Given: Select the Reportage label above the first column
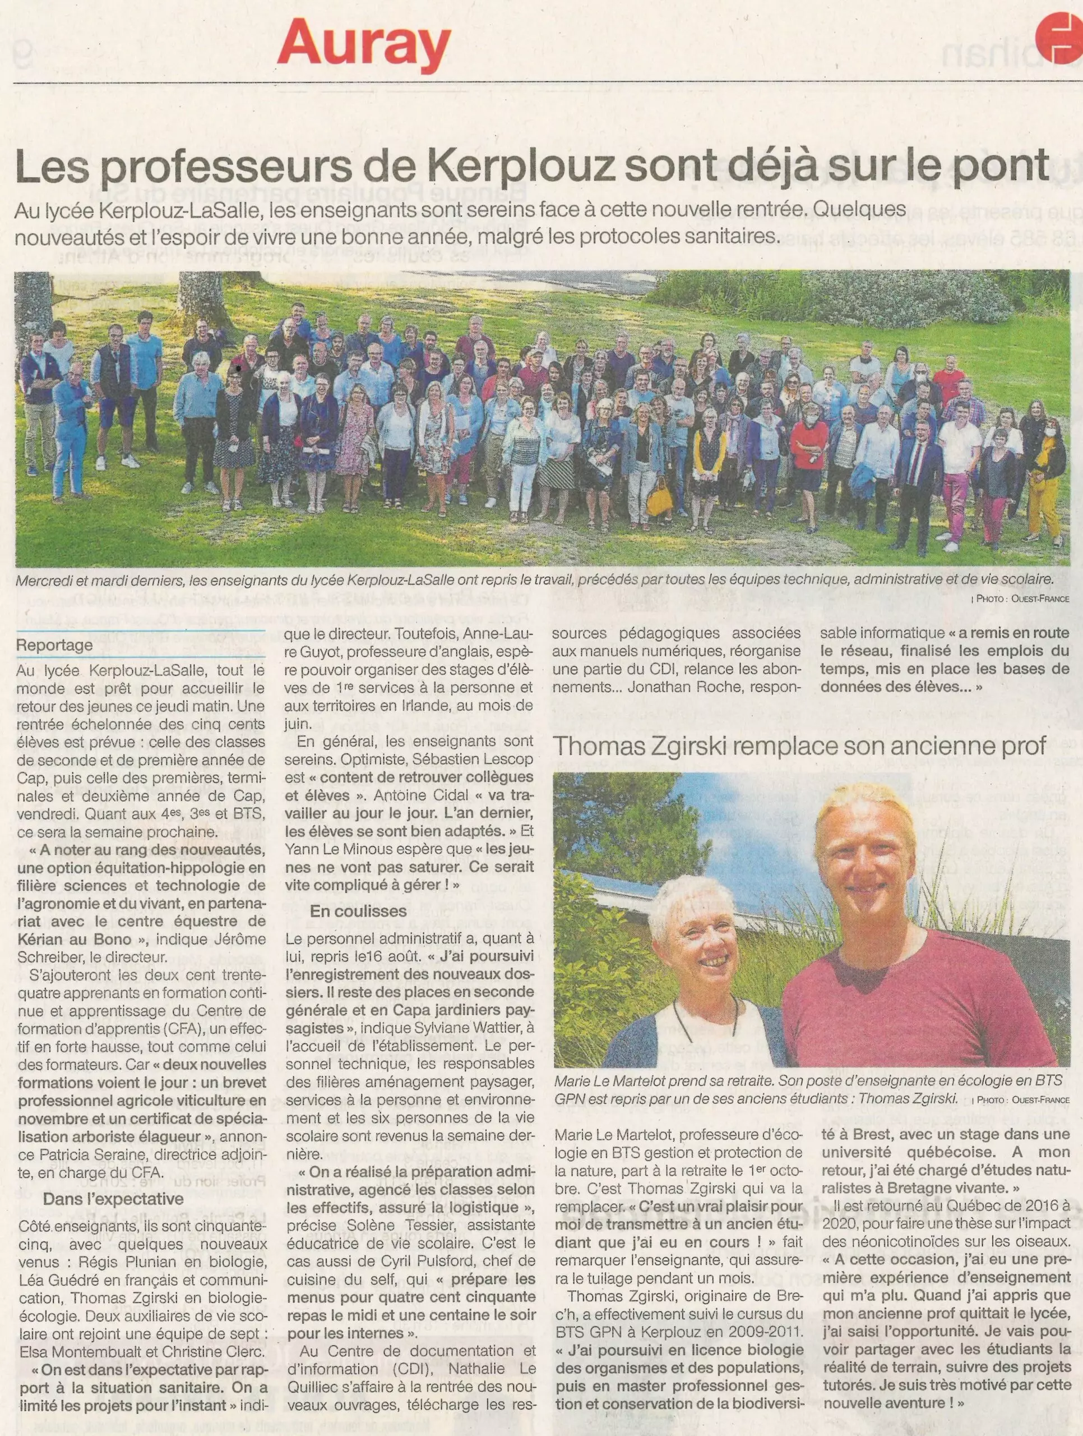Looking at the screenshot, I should click(54, 645).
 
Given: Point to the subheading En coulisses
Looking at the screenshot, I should click(358, 911).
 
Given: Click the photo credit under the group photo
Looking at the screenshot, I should click(1021, 599).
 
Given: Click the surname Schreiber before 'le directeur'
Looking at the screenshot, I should click(49, 956).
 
